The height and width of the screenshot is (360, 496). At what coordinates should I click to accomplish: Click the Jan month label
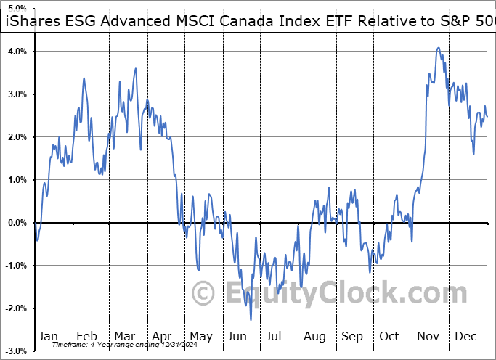48,336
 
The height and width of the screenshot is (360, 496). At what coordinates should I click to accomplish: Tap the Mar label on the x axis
124,336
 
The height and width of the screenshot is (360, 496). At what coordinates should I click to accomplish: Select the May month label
200,336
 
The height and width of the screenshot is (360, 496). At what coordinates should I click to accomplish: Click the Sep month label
352,336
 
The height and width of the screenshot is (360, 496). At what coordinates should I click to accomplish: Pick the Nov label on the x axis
428,336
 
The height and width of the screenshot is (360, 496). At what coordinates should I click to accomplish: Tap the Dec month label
466,336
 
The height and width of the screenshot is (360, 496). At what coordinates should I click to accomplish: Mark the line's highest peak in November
438,48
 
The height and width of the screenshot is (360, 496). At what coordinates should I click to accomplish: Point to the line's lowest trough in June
251,319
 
